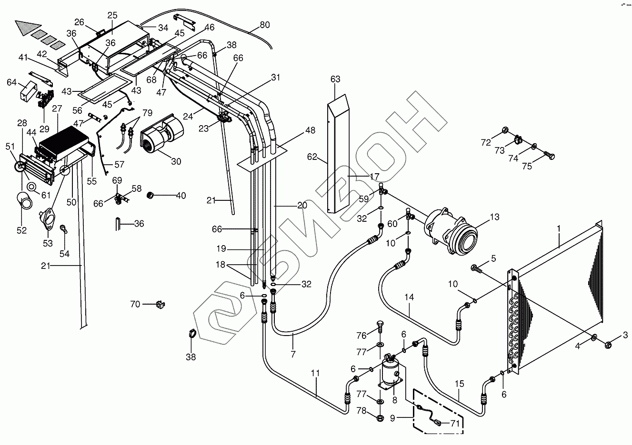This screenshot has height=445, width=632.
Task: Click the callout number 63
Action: [x=335, y=79]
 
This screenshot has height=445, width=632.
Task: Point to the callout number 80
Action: [x=264, y=25]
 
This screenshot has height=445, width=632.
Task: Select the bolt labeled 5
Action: [x=476, y=268]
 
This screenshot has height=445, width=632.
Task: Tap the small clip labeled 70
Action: [x=160, y=304]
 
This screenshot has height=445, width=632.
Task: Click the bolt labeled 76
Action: [x=380, y=327]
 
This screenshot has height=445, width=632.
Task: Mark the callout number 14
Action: [x=410, y=297]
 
